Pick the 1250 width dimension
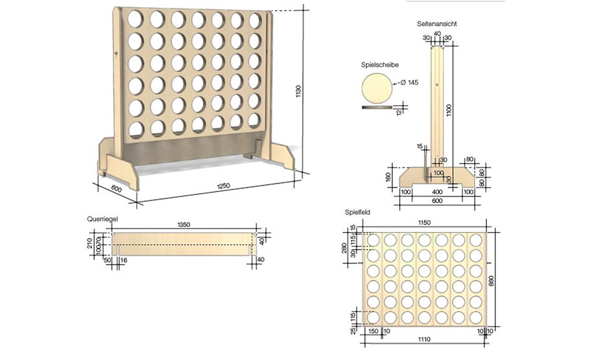(223, 186)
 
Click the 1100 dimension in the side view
(448, 110)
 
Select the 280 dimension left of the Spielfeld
(346, 250)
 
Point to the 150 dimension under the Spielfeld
(373, 331)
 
